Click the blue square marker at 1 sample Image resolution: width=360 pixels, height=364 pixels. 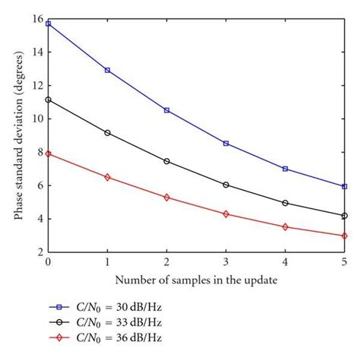click(107, 70)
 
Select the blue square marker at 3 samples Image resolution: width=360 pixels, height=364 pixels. click(226, 143)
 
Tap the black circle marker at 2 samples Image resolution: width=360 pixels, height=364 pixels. click(166, 161)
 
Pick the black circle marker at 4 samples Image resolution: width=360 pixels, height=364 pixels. click(285, 203)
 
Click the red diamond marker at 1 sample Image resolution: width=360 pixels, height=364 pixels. click(107, 177)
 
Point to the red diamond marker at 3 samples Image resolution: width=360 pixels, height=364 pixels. click(226, 214)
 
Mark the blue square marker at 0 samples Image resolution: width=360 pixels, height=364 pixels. click(48, 24)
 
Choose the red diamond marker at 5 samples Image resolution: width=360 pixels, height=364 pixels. click(344, 236)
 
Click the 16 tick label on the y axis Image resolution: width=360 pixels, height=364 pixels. click(37, 19)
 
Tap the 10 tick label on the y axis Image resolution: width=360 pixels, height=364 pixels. click(37, 119)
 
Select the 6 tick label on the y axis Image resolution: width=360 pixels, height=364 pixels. click(39, 185)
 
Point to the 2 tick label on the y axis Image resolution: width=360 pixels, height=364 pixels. click(39, 252)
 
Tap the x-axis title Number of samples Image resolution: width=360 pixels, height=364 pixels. click(196, 280)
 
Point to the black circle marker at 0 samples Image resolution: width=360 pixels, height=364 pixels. click(48, 100)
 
